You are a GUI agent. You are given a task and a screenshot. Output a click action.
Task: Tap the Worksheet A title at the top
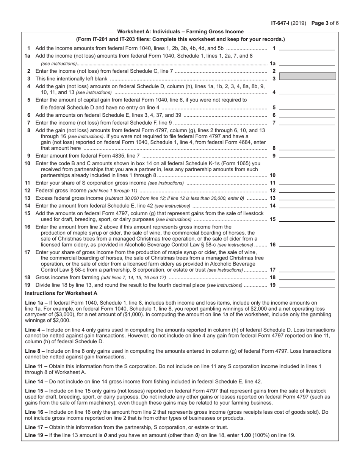180,32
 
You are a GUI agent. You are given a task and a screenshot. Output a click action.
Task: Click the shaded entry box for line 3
307,76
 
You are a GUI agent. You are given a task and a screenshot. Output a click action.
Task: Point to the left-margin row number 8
28,130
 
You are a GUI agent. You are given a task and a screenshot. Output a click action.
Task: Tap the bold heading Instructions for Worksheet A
61,293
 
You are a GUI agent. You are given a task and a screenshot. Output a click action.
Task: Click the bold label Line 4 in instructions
34,330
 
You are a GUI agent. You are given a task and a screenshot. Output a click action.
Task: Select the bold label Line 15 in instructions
35,391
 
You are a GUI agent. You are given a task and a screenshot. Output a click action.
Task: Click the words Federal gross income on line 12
61,191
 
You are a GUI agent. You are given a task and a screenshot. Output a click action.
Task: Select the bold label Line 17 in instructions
35,427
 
